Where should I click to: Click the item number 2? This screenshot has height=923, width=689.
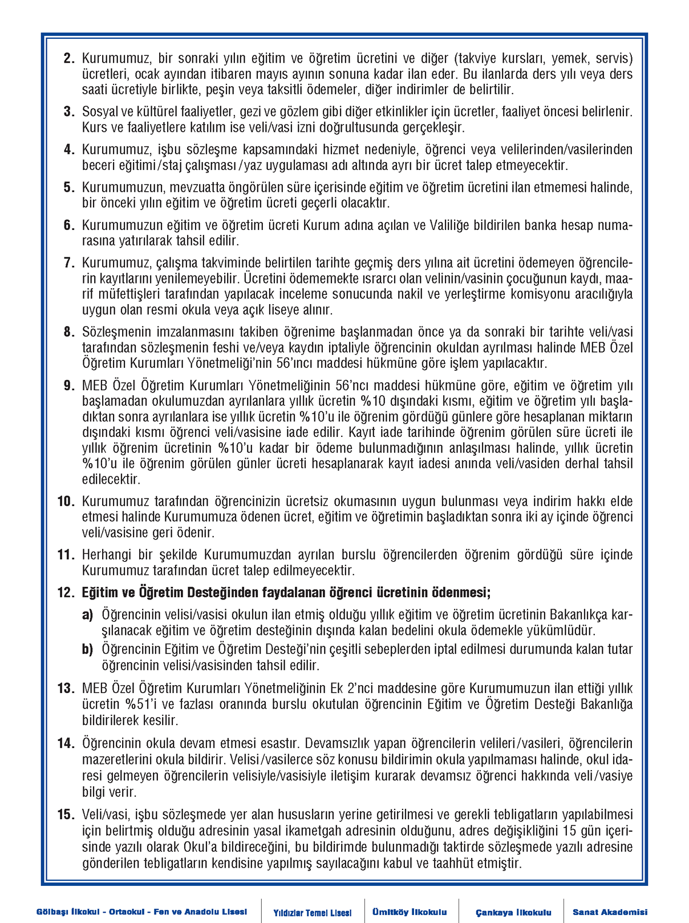69,59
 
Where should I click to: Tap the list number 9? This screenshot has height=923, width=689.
69,386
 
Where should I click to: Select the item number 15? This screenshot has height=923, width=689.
66,815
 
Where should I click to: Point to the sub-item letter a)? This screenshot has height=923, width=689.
87,615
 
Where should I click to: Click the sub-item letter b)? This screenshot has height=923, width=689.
87,649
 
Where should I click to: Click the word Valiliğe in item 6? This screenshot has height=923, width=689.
449,225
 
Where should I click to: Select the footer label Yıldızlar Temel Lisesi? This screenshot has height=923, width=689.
312,913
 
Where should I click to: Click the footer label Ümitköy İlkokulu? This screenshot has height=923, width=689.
410,912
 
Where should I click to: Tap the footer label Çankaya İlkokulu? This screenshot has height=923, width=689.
513,912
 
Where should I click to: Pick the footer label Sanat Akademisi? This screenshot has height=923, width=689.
610,912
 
